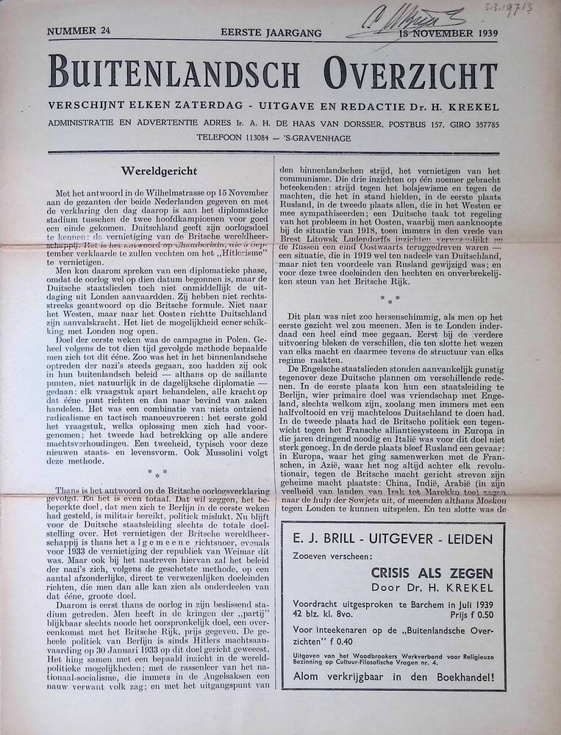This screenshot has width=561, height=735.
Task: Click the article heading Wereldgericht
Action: pos(160,171)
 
